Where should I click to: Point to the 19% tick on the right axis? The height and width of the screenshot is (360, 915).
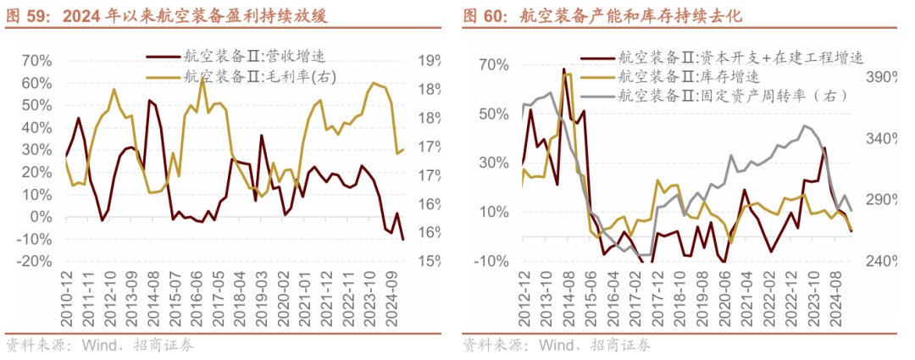point(427,60)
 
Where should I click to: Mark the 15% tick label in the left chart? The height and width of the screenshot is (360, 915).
point(427,261)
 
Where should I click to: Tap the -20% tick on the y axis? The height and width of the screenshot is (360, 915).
point(36,261)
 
